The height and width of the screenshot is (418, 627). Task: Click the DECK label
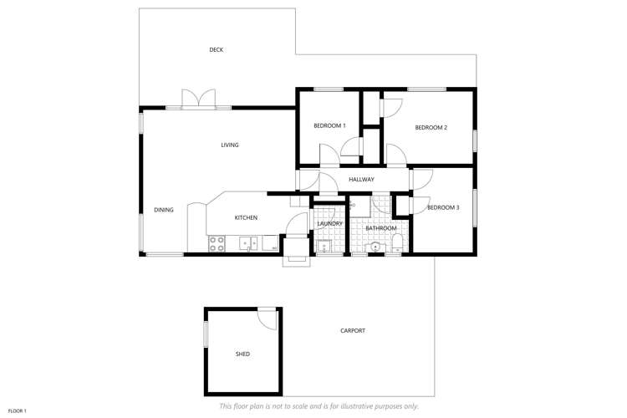coord(216,50)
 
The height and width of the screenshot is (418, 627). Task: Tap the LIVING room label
coord(230,145)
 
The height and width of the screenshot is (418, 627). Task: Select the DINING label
coord(164,210)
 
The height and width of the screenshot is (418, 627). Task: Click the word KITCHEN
coord(246,218)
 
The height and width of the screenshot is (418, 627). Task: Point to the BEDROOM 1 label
coord(329,125)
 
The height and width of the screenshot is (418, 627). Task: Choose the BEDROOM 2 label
coord(432,127)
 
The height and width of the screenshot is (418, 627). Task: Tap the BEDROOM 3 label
coord(443,207)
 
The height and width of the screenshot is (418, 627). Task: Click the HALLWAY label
coord(361,180)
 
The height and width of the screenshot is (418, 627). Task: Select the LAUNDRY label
coord(329,223)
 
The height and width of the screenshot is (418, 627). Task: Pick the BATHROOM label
coord(380,228)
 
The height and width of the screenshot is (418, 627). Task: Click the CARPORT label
coord(353,331)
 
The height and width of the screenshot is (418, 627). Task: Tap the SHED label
coord(242,354)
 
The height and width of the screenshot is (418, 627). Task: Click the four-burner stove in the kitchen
coord(217,244)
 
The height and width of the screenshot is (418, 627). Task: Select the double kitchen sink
coord(247,244)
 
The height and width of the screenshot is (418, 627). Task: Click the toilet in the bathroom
coord(398,243)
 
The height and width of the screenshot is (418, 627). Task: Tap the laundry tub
coord(324,246)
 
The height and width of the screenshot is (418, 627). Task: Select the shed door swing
coord(268,317)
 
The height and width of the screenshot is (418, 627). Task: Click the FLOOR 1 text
coord(18,410)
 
